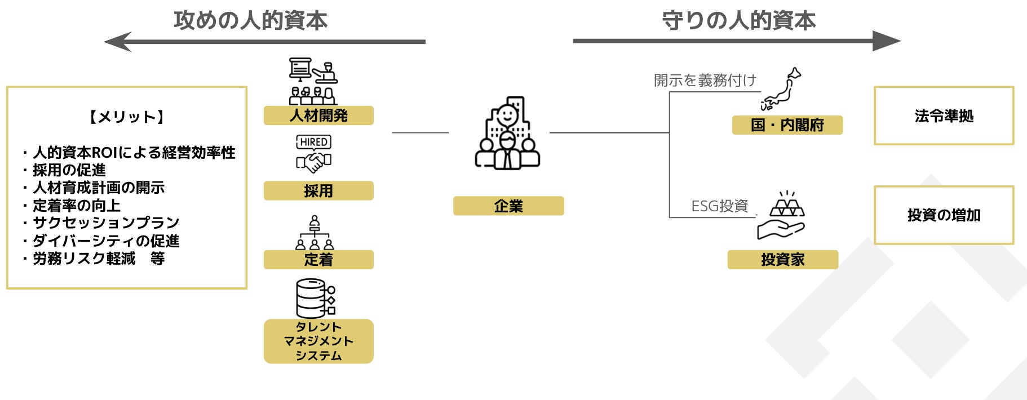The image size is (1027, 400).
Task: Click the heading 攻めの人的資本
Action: coord(250,20)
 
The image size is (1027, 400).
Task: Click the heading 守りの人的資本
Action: coord(738,20)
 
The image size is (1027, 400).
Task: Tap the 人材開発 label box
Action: coord(318,115)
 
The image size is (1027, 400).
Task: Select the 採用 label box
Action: coord(318,191)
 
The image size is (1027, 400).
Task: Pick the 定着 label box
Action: coord(318,260)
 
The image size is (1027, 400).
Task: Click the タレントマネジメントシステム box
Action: coord(318,341)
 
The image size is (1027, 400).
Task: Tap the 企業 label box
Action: coord(508,206)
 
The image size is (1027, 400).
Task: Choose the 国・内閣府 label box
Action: coord(787,125)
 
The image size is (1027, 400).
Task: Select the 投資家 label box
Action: coord(782,260)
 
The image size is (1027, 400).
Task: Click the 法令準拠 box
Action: coord(944,116)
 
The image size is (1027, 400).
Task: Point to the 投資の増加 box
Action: coord(944,215)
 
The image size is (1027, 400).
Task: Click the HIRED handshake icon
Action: coord(314,154)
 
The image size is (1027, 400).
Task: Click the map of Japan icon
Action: coord(781,90)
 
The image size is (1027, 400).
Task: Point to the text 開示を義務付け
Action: coord(705,81)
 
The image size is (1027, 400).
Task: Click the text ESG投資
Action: coord(719,206)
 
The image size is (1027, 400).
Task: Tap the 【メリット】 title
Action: coord(127,117)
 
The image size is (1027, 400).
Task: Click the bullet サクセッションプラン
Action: coord(106,223)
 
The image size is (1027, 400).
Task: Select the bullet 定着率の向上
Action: coord(77,206)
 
